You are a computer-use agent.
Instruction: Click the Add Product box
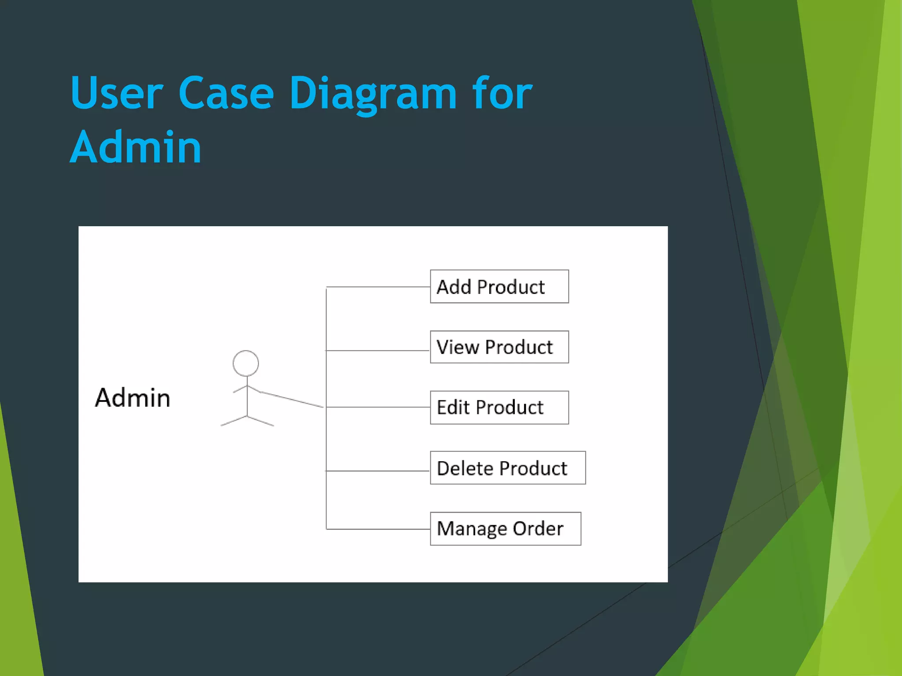click(499, 287)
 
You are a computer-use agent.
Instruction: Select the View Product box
click(499, 347)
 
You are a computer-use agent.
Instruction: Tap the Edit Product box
click(499, 407)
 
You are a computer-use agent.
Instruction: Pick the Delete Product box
click(507, 468)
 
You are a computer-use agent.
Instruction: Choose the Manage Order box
click(505, 529)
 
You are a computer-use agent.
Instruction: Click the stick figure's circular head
click(246, 363)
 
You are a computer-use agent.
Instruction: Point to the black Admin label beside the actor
click(133, 398)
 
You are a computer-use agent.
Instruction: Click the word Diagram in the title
click(373, 93)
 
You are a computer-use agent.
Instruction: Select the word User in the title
click(117, 93)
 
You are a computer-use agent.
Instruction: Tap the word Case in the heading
click(226, 93)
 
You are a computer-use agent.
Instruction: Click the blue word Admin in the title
click(136, 147)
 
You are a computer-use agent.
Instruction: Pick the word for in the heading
click(502, 93)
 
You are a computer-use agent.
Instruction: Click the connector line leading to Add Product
click(378, 287)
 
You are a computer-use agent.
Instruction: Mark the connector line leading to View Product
click(378, 351)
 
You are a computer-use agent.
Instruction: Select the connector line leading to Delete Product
click(378, 471)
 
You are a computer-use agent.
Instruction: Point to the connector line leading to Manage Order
click(378, 529)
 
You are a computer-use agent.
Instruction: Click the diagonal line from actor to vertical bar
click(292, 399)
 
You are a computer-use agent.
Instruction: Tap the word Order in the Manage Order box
click(538, 529)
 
